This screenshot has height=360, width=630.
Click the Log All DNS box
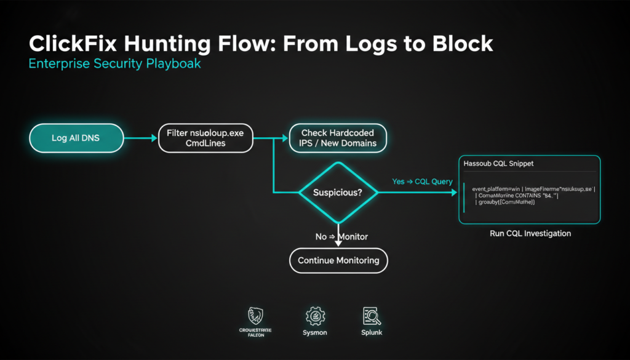click(76, 138)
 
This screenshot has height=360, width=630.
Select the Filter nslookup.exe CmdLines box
click(205, 138)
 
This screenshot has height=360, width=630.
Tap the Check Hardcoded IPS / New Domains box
click(337, 138)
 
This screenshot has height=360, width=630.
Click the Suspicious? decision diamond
click(337, 193)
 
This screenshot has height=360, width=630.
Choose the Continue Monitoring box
click(338, 260)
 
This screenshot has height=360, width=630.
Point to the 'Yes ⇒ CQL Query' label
click(422, 182)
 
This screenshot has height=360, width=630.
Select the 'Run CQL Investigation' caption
click(530, 234)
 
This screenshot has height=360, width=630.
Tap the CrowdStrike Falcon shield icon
click(255, 316)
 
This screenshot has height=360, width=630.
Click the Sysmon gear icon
click(315, 316)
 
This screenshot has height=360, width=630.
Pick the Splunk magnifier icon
click(372, 316)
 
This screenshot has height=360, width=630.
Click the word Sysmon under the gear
click(315, 333)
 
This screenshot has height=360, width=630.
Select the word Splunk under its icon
click(372, 333)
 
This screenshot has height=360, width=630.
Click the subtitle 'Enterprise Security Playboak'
click(115, 64)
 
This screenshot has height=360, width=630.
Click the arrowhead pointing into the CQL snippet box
click(455, 193)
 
